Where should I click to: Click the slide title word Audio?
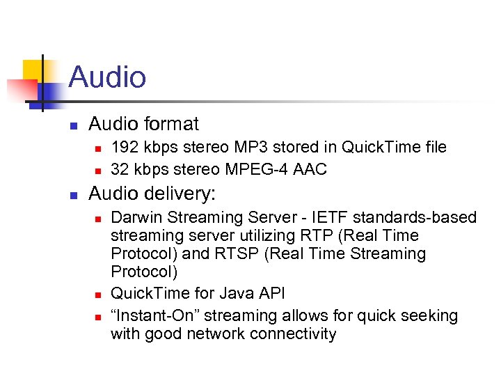coord(107,77)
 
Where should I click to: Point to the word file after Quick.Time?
coord(430,148)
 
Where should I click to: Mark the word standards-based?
coord(407,218)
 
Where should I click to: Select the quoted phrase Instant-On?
coord(152,315)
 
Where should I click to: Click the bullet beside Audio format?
coord(72,125)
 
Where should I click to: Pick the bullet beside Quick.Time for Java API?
coord(97,295)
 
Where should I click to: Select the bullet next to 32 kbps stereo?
coord(97,170)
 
